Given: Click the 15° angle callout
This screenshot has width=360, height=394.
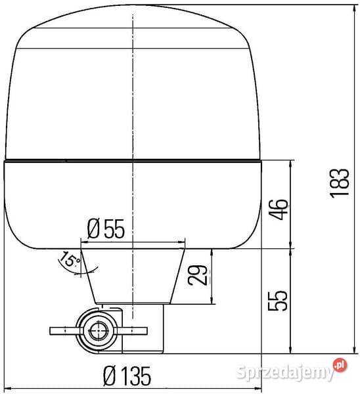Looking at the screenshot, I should tap(69, 259).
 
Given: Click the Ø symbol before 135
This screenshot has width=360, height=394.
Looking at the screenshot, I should tap(110, 376).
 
